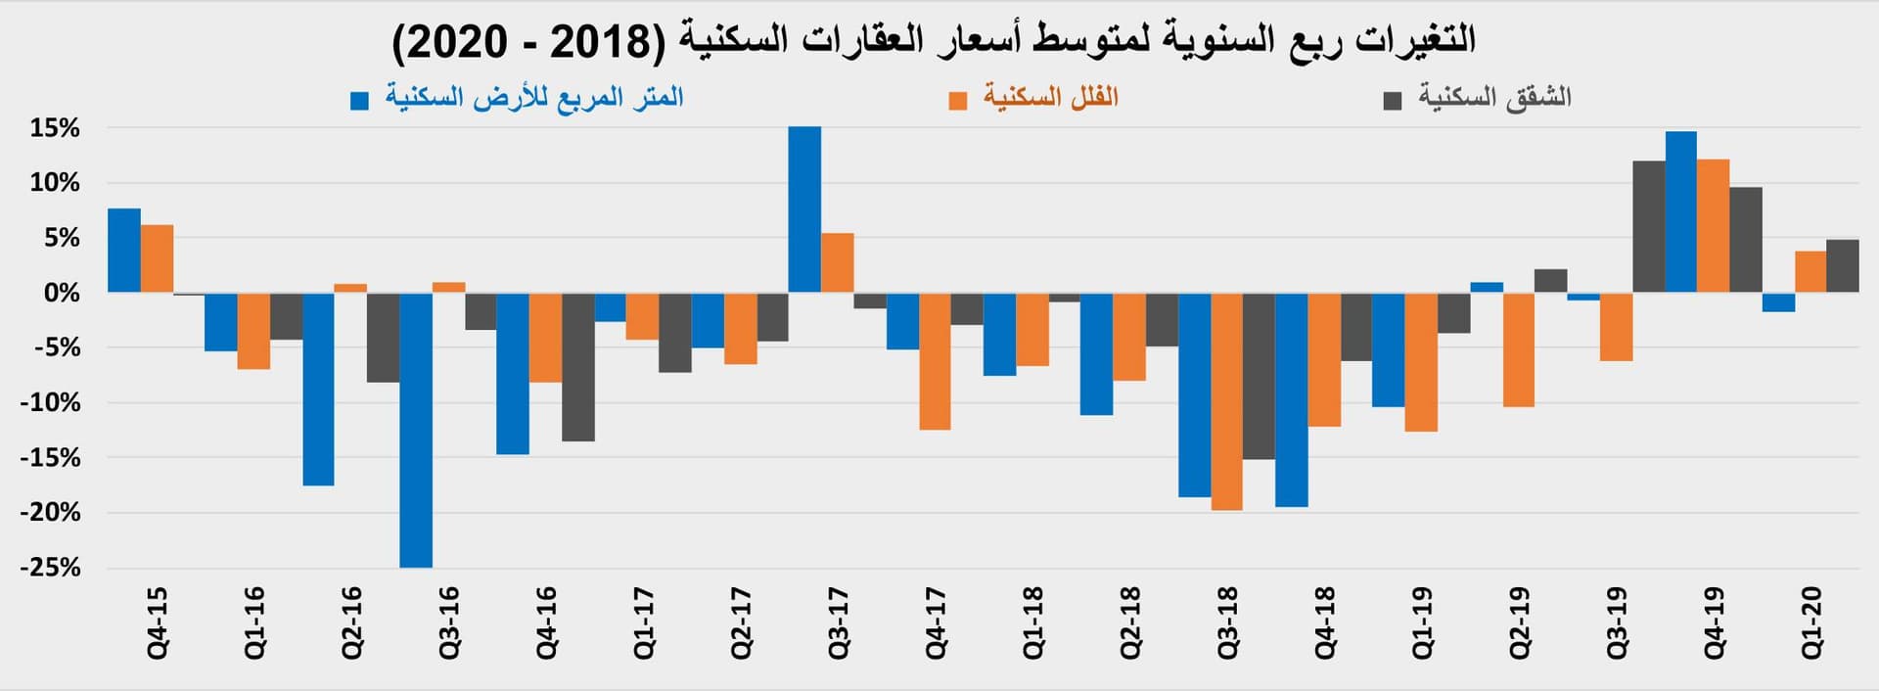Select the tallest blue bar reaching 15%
click(x=804, y=209)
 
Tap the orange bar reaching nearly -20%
click(x=1226, y=400)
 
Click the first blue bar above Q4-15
click(x=124, y=251)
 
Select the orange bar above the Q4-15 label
click(x=157, y=258)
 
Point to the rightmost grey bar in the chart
click(x=1843, y=266)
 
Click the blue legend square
click(x=360, y=100)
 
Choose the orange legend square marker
click(x=958, y=100)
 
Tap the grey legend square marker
click(x=1393, y=100)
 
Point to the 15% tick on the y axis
click(x=55, y=128)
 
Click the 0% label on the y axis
click(x=61, y=293)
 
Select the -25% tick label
click(x=50, y=568)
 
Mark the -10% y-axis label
click(x=50, y=402)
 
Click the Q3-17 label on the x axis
click(x=839, y=622)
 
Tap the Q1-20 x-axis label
click(x=1811, y=622)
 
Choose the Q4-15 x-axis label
click(x=157, y=622)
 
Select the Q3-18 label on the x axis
click(x=1227, y=622)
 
